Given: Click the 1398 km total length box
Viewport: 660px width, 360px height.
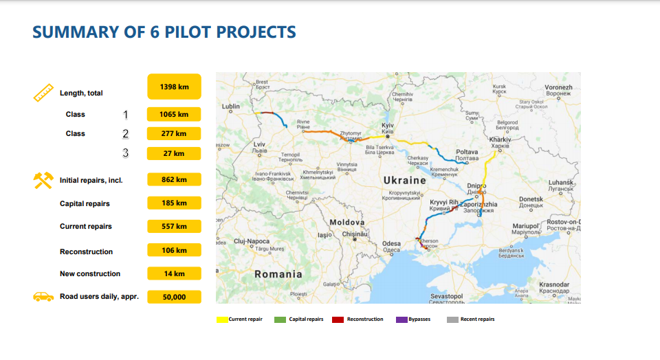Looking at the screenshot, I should [174, 87].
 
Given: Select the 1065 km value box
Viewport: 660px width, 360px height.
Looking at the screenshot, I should [174, 114].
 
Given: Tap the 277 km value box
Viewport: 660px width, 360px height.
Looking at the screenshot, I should [174, 133].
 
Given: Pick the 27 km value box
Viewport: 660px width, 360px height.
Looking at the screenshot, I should [174, 153].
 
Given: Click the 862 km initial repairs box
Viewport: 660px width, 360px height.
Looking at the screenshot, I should [174, 179].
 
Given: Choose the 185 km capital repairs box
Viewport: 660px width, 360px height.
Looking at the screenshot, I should [174, 203].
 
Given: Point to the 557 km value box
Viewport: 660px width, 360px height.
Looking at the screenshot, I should [174, 226].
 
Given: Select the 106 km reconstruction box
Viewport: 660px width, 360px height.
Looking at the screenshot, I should [174, 250].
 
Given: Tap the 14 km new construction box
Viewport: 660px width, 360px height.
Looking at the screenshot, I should [174, 273].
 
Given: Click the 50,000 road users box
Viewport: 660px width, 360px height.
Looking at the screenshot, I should [174, 297].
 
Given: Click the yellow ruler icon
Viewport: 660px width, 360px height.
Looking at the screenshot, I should [43, 92].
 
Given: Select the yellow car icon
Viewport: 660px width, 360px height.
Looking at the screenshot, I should [43, 297].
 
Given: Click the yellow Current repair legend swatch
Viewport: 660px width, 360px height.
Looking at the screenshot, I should [222, 319].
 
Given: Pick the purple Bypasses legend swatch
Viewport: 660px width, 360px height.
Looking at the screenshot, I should [402, 319].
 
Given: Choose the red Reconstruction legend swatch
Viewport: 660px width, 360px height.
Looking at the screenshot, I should [338, 319].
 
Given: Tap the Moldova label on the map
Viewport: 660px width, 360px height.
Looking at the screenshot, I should [346, 223].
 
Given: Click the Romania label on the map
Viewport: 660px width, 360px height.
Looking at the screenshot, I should [278, 274].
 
